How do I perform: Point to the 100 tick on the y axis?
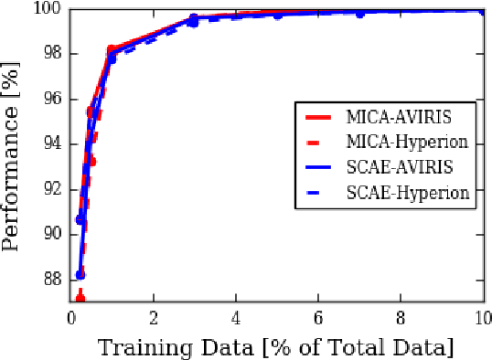[x=48, y=9]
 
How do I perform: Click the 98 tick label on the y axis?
[x=51, y=54]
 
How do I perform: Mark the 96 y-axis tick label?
[x=51, y=99]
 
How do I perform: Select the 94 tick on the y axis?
[x=51, y=143]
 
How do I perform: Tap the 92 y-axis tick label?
[x=51, y=189]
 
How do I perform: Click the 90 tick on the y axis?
[x=51, y=234]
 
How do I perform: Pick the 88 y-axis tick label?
[x=51, y=279]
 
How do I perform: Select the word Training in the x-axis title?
[x=140, y=347]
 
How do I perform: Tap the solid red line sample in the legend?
[x=322, y=117]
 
